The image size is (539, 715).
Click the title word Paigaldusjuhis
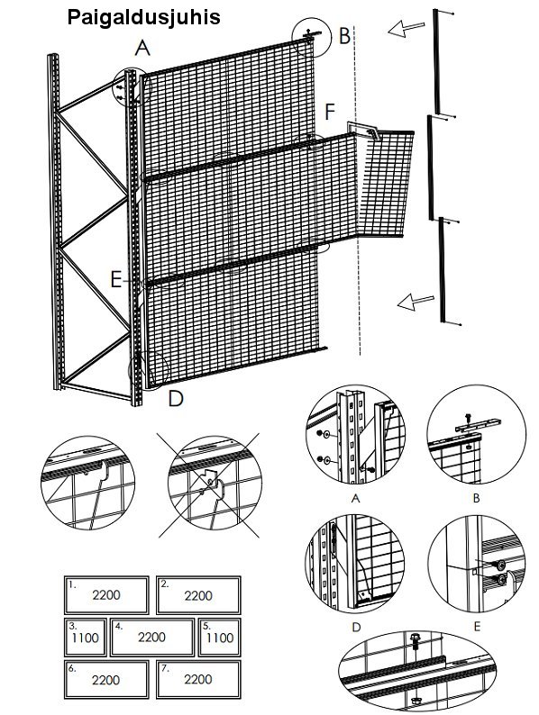point(144,18)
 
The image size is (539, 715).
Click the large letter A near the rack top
point(142,48)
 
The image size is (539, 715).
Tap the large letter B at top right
point(344,35)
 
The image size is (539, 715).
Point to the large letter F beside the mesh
point(330,113)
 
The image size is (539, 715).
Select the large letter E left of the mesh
point(116,279)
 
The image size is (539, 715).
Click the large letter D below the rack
point(175,398)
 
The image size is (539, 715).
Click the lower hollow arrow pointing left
point(416,302)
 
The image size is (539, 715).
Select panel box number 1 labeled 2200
point(106,595)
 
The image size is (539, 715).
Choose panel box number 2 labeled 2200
point(198,595)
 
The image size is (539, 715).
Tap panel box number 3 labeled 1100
point(86,637)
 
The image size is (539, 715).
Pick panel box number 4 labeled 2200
point(152,637)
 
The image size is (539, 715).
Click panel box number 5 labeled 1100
point(220,637)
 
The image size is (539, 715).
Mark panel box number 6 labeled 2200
point(106,680)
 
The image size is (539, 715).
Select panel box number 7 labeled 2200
point(198,680)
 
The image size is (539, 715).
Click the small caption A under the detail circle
point(355,498)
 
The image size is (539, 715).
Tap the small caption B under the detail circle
point(476,498)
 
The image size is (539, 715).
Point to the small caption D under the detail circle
point(356,628)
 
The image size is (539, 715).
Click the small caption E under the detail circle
point(477,627)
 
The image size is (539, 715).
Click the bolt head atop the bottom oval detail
point(415,637)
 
